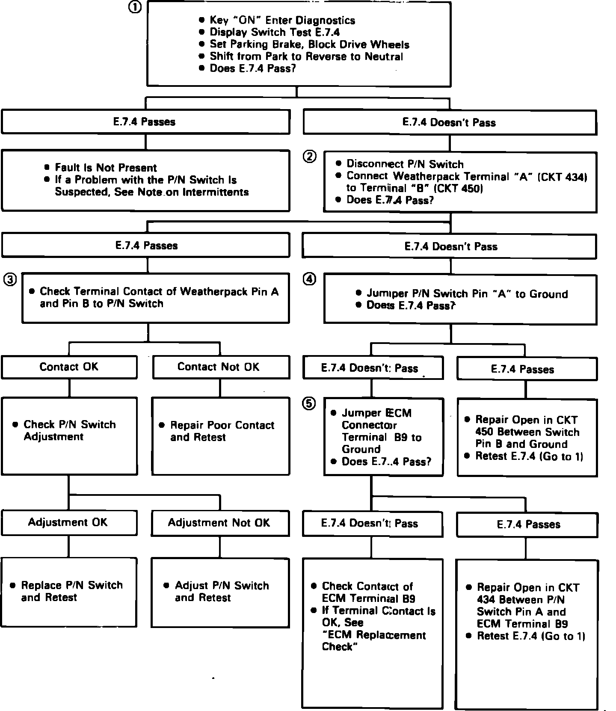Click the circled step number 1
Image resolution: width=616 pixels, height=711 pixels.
tap(135, 8)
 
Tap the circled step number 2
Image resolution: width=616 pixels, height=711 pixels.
tap(310, 157)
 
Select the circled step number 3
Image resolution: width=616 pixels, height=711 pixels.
tap(10, 280)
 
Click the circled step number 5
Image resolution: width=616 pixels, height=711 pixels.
tap(310, 403)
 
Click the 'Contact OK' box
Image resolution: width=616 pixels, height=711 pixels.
tap(69, 367)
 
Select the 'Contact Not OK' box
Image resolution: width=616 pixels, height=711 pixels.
tap(220, 367)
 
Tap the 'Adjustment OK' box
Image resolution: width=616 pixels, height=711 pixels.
tap(68, 522)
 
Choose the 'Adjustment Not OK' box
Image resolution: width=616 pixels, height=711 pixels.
tap(220, 523)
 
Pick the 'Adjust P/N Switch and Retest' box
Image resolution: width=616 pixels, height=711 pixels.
tap(220, 592)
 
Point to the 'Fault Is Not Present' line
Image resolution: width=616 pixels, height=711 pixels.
tap(106, 168)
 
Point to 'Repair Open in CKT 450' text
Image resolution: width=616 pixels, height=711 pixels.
tap(527, 426)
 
